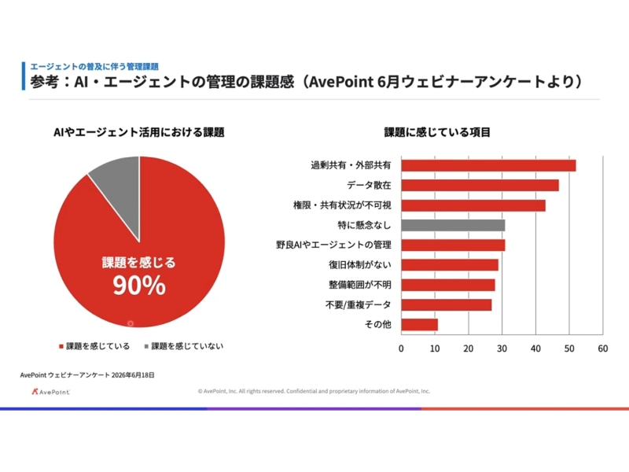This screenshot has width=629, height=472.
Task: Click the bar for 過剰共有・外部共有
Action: click(x=488, y=165)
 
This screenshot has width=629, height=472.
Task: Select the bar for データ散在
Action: click(x=480, y=186)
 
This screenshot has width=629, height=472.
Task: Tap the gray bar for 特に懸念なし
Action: click(x=454, y=225)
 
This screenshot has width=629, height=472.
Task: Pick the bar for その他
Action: click(x=420, y=325)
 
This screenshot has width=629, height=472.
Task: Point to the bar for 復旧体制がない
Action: click(x=450, y=265)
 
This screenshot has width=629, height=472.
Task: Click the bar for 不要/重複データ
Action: click(x=447, y=305)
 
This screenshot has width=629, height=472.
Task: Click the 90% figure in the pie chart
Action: click(x=139, y=286)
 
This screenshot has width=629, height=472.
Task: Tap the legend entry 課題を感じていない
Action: click(x=184, y=346)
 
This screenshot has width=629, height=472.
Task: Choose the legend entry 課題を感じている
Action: click(x=94, y=346)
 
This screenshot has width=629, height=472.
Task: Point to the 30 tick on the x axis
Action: click(x=502, y=348)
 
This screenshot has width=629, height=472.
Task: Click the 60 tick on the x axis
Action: click(x=603, y=348)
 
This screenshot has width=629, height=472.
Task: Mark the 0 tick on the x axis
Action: click(x=401, y=348)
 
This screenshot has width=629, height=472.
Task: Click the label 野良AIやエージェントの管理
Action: click(x=333, y=245)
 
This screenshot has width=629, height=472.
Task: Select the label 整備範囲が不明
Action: click(x=360, y=285)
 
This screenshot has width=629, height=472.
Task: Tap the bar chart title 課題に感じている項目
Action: click(x=437, y=132)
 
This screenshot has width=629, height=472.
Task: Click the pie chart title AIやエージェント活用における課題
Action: click(x=139, y=132)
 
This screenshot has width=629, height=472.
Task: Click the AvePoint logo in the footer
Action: click(x=50, y=392)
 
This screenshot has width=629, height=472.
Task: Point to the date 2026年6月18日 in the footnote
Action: click(x=133, y=375)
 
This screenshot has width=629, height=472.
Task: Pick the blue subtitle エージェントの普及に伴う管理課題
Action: click(x=94, y=67)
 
